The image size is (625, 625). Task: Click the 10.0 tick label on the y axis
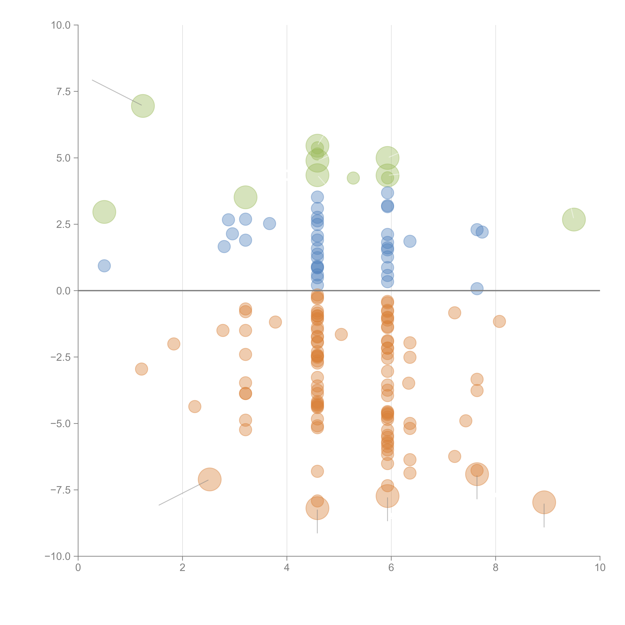pyautogui.click(x=61, y=25)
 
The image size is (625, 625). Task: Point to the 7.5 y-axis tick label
pyautogui.click(x=63, y=91)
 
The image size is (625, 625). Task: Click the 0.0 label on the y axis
pyautogui.click(x=63, y=291)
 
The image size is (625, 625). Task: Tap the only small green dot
pyautogui.click(x=353, y=178)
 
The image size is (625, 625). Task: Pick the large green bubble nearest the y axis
pyautogui.click(x=104, y=212)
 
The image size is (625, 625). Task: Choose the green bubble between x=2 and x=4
pyautogui.click(x=245, y=197)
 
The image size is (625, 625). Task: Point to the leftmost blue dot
pyautogui.click(x=104, y=266)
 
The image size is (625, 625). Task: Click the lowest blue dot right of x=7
pyautogui.click(x=477, y=288)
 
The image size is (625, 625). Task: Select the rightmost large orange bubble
pyautogui.click(x=544, y=502)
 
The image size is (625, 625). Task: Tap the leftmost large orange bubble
pyautogui.click(x=210, y=479)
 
